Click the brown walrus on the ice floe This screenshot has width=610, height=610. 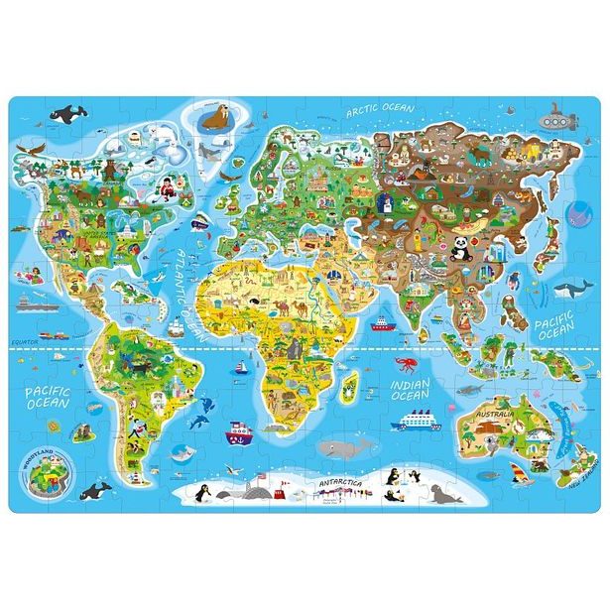[x=210, y=121]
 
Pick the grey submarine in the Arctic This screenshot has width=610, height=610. [x=559, y=120]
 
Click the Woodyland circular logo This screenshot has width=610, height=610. [x=44, y=473]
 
